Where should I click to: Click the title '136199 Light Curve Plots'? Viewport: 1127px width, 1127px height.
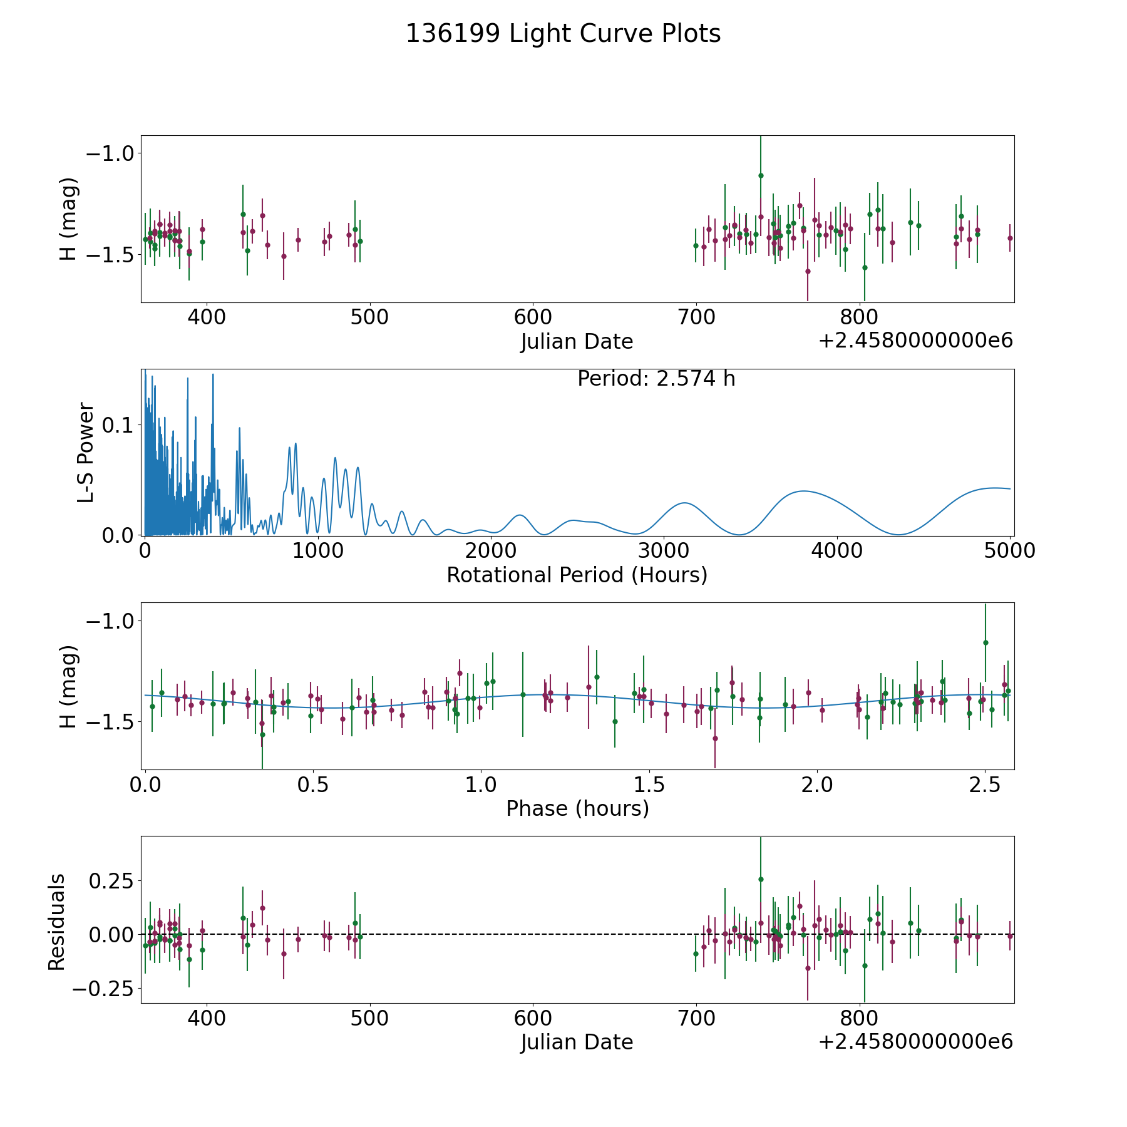[563, 34]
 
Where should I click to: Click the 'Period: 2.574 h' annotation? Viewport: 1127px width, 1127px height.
[656, 379]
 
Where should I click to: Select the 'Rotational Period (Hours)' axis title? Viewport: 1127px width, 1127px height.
[577, 575]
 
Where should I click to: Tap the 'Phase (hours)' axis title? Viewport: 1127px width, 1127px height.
[577, 808]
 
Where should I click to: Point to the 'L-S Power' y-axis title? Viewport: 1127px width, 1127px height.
[86, 453]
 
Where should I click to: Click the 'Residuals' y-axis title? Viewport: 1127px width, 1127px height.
[57, 922]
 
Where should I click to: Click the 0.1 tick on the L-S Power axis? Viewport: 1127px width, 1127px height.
[119, 425]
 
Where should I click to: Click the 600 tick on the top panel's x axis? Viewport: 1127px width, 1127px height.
[533, 317]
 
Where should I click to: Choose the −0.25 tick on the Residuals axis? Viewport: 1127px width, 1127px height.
[104, 989]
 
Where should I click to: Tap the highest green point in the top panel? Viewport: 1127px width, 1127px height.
[761, 175]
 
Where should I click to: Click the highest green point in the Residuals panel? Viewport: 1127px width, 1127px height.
[761, 879]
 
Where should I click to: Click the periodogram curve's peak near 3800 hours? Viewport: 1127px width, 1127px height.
[803, 491]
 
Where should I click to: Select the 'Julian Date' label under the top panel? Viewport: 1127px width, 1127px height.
[577, 342]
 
